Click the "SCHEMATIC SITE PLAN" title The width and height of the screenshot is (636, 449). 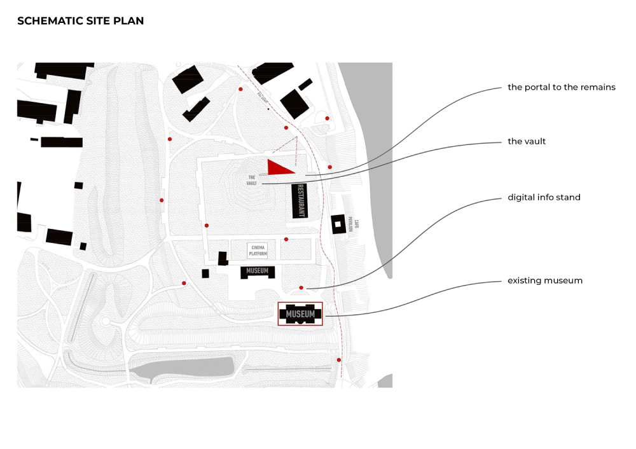pyautogui.click(x=80, y=21)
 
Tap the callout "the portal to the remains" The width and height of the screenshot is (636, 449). pyautogui.click(x=561, y=87)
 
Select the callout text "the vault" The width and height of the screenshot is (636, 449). pyautogui.click(x=527, y=141)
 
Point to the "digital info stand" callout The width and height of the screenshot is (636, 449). pyautogui.click(x=544, y=197)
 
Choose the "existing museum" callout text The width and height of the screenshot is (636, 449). pyautogui.click(x=545, y=280)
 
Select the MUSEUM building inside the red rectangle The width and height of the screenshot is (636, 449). pyautogui.click(x=300, y=314)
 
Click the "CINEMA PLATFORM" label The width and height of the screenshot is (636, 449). pyautogui.click(x=258, y=251)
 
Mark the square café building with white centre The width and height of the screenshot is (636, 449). pyautogui.click(x=338, y=224)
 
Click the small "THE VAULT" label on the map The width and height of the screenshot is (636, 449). pyautogui.click(x=251, y=181)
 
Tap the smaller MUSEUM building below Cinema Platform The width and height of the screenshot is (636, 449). pyautogui.click(x=258, y=272)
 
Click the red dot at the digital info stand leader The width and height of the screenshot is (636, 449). pyautogui.click(x=301, y=287)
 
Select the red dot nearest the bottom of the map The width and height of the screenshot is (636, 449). pyautogui.click(x=339, y=360)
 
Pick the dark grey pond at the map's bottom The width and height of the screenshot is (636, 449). pyautogui.click(x=191, y=368)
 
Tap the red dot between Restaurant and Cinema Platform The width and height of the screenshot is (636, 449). pyautogui.click(x=286, y=239)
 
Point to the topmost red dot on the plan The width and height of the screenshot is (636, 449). pyautogui.click(x=240, y=90)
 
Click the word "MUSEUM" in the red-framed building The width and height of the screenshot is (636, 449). pyautogui.click(x=300, y=314)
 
